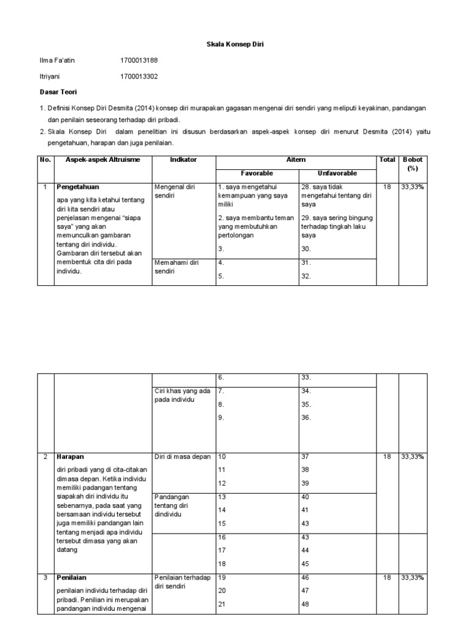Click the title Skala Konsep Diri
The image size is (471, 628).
pyautogui.click(x=235, y=45)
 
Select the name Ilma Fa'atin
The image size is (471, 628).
pyautogui.click(x=56, y=61)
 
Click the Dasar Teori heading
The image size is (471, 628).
pyautogui.click(x=55, y=92)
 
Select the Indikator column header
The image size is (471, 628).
pyautogui.click(x=183, y=159)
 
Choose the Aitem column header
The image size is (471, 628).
pyautogui.click(x=296, y=159)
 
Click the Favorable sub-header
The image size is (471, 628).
pyautogui.click(x=257, y=174)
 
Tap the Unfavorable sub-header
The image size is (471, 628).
pyautogui.click(x=337, y=174)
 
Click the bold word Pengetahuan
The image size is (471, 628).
pyautogui.click(x=78, y=186)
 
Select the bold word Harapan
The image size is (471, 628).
pyautogui.click(x=69, y=457)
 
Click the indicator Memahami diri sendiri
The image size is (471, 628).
pyautogui.click(x=177, y=267)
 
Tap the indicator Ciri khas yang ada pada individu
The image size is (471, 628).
pyautogui.click(x=182, y=395)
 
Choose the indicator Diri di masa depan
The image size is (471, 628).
pyautogui.click(x=183, y=457)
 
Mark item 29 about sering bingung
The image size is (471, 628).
pyautogui.click(x=337, y=226)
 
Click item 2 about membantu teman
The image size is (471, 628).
pyautogui.click(x=256, y=226)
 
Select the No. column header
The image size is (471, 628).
pyautogui.click(x=44, y=159)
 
